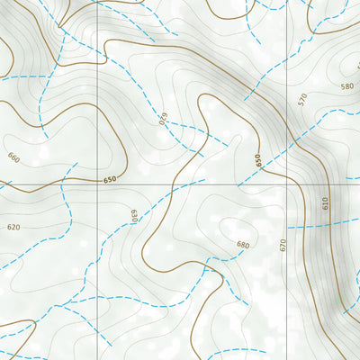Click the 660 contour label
pyautogui.click(x=13, y=157)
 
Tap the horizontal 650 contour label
pyautogui.click(x=110, y=180)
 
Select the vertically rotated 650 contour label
pyautogui.click(x=258, y=161)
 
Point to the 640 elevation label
pyautogui.click(x=164, y=118)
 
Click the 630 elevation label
pyautogui.click(x=133, y=216)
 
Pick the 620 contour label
pyautogui.click(x=13, y=227)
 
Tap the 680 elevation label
pyautogui.click(x=242, y=244)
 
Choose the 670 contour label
pyautogui.click(x=283, y=244)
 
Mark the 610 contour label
pyautogui.click(x=326, y=205)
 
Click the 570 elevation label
pyautogui.click(x=302, y=99)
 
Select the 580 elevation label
pyautogui.click(x=346, y=86)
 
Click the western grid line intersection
pyautogui.click(x=97, y=186)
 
